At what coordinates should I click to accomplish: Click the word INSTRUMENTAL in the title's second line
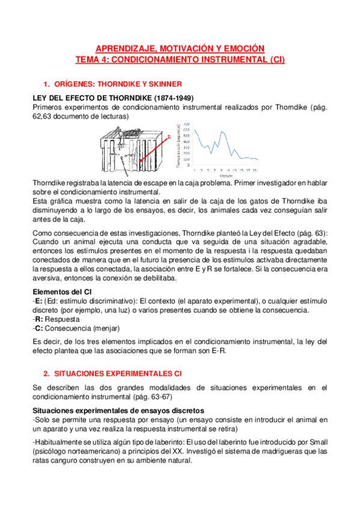227,59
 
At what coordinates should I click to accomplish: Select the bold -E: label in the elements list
36,301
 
